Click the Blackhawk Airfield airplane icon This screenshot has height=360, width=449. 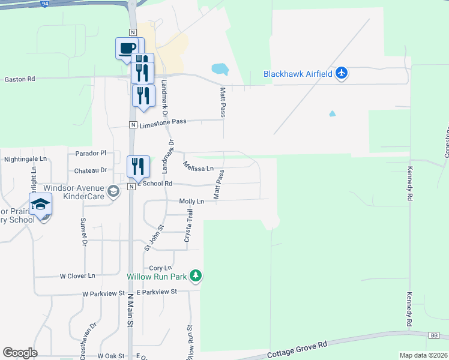342,73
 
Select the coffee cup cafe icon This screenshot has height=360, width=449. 127,48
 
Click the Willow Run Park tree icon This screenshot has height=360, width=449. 195,276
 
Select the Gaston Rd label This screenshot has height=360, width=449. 20,79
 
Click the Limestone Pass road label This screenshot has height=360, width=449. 163,121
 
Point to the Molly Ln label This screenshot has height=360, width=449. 192,202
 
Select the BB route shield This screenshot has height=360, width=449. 435,335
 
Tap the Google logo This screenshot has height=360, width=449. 20,353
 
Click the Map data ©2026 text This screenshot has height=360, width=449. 423,355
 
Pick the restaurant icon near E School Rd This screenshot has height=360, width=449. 137,167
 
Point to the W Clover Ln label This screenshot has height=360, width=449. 77,276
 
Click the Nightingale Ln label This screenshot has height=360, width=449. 25,159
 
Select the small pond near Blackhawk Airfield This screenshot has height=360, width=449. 220,69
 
